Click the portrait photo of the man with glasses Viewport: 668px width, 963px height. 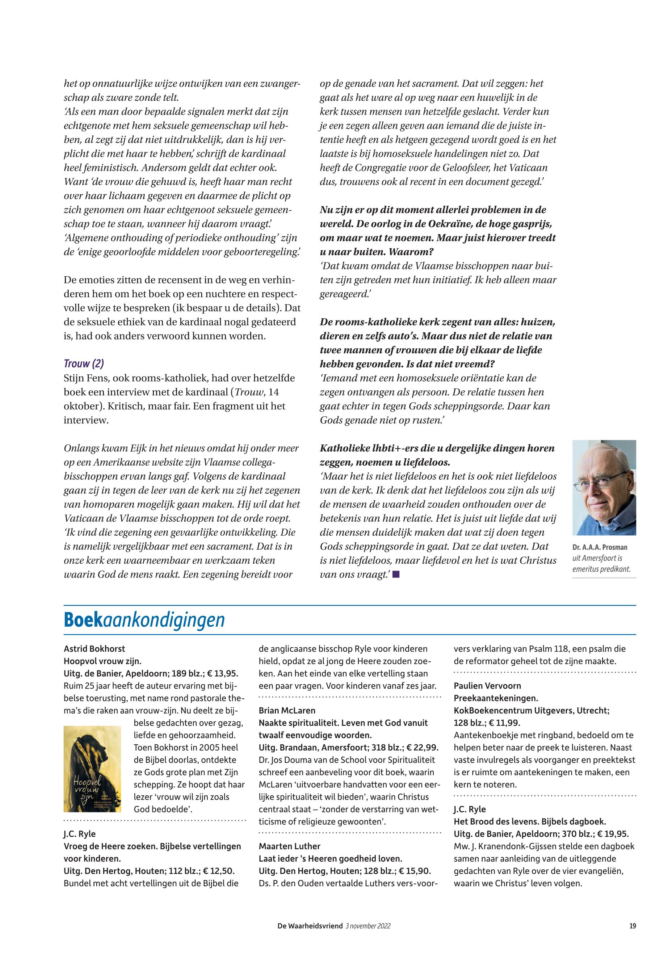604,488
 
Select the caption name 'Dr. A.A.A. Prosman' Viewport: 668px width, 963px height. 599,547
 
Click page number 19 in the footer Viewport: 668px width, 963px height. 633,926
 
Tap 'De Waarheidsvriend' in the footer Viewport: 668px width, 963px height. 310,926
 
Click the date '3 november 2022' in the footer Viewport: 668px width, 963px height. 368,926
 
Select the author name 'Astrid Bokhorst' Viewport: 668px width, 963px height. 94,649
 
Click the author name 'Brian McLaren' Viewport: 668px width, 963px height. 287,710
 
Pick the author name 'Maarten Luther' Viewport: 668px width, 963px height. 290,846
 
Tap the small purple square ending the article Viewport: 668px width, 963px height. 396,575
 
